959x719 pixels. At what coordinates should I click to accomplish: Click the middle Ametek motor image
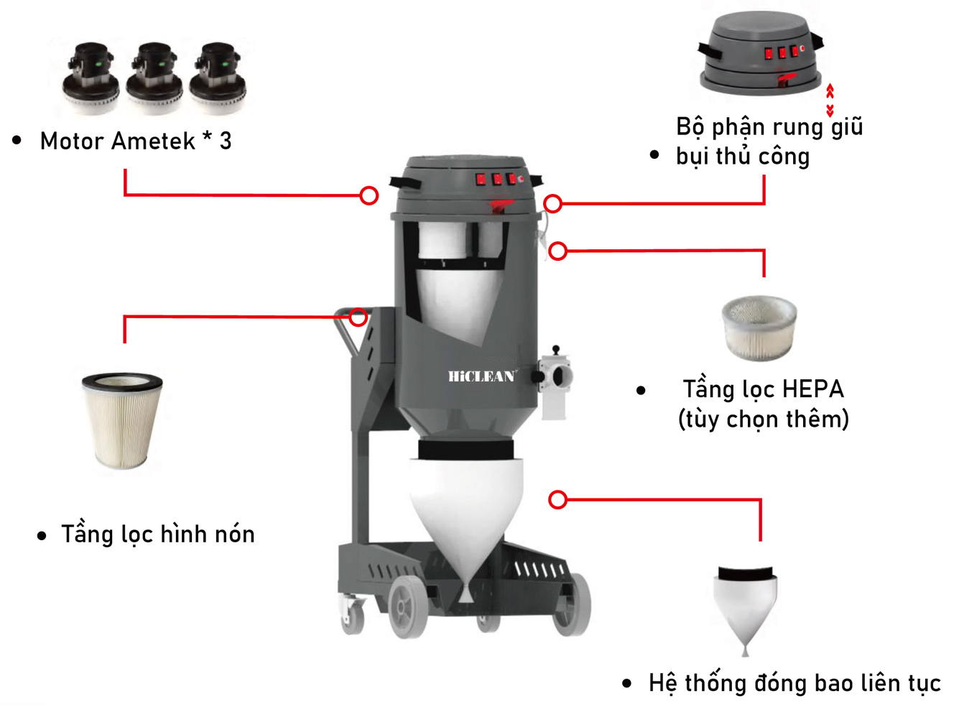pyautogui.click(x=154, y=78)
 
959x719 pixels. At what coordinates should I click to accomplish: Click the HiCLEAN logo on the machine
pyautogui.click(x=481, y=376)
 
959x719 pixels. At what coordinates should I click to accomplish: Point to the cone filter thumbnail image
pyautogui.click(x=122, y=420)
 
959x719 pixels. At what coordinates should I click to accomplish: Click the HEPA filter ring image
pyautogui.click(x=759, y=328)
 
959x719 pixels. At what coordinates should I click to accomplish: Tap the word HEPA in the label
pyautogui.click(x=812, y=389)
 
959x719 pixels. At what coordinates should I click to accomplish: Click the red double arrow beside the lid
pyautogui.click(x=830, y=100)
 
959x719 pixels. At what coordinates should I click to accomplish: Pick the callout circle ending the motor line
pyautogui.click(x=369, y=195)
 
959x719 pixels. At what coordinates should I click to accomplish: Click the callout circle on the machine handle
pyautogui.click(x=358, y=317)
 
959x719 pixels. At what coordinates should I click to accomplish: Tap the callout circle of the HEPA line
pyautogui.click(x=558, y=251)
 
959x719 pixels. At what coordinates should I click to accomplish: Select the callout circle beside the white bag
pyautogui.click(x=558, y=500)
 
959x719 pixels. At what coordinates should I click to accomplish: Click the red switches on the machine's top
pyautogui.click(x=497, y=179)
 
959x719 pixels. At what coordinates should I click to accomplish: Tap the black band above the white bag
pyautogui.click(x=466, y=450)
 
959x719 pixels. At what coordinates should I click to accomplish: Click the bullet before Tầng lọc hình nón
pyautogui.click(x=42, y=536)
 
